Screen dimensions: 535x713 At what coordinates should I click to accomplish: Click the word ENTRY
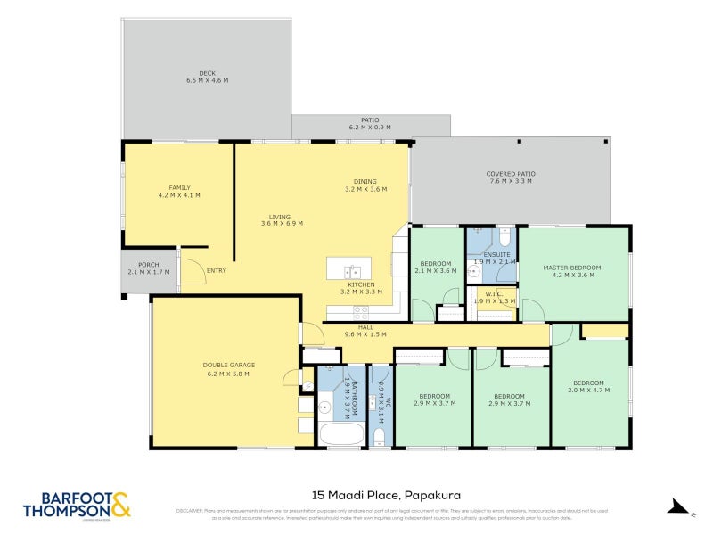point(217,271)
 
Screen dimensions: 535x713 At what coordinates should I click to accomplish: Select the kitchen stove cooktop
point(362,312)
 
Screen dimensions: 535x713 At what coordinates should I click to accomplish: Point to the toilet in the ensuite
point(504,238)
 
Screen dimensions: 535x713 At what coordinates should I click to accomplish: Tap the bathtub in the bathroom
point(340,434)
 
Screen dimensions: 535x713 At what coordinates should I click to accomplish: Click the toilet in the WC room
point(379,436)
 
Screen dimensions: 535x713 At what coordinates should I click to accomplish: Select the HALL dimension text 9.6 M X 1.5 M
point(365,335)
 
